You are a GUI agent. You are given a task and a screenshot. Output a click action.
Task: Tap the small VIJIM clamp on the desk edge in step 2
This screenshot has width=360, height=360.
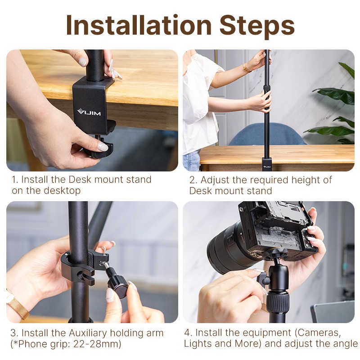[x=267, y=163]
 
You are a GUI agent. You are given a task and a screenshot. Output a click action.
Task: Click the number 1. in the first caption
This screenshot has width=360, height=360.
[x=15, y=180]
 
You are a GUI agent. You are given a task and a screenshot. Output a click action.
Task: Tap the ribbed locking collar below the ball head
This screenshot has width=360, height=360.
[x=278, y=302]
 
